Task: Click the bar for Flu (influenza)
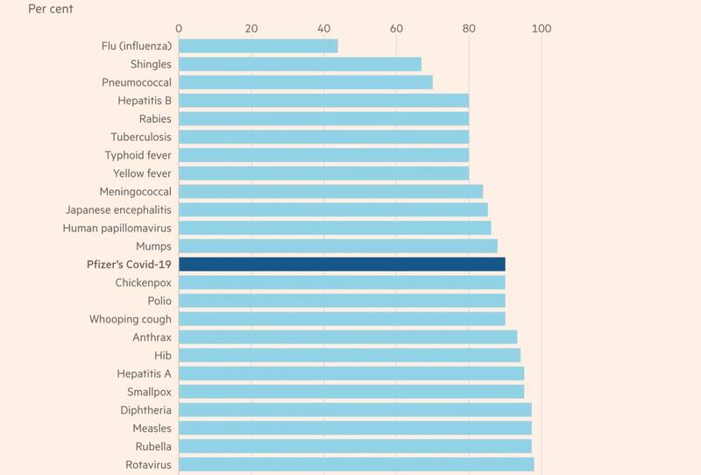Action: [258, 46]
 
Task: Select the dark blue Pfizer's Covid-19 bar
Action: [342, 265]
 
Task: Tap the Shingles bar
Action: [300, 64]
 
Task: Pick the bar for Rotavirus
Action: [356, 464]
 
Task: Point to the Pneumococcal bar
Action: [306, 82]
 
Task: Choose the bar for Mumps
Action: [338, 246]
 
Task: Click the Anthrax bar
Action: [348, 337]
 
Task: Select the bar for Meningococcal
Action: [330, 191]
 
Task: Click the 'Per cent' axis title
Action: [51, 10]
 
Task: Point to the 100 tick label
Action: [542, 29]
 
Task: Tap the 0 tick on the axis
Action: [179, 29]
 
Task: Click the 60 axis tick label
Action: [396, 29]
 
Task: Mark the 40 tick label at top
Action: [323, 29]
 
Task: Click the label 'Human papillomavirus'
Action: [117, 228]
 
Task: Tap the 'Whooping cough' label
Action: [131, 319]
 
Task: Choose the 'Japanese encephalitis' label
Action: [118, 209]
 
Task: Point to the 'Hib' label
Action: [162, 355]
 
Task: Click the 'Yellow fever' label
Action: [142, 174]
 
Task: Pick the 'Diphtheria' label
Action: [145, 410]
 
